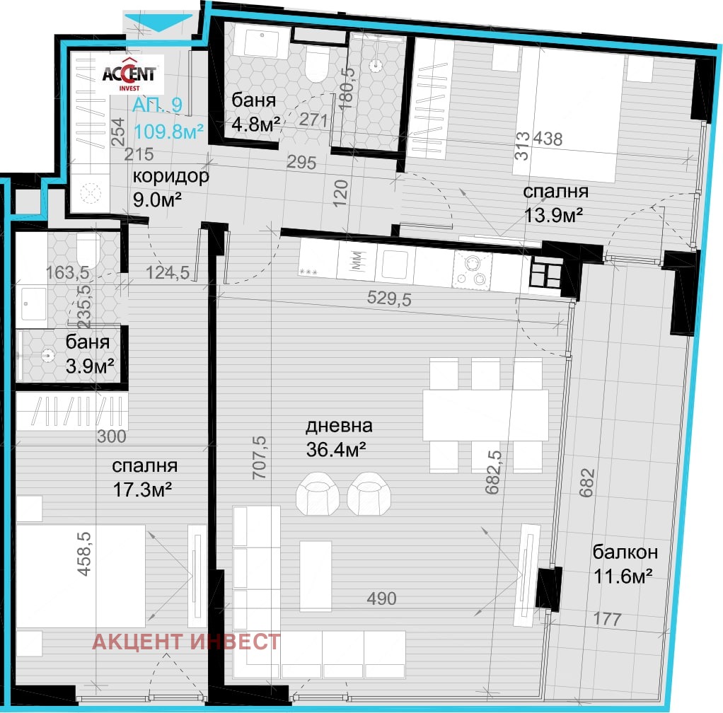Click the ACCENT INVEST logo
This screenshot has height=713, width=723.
coord(129,74)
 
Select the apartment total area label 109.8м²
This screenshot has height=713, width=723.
coord(168,132)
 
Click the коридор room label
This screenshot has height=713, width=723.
coord(170,176)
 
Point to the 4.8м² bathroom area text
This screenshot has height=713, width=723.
coord(256,124)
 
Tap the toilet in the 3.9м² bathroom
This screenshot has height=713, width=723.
coord(88,250)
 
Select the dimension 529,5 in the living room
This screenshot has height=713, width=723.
coord(389,298)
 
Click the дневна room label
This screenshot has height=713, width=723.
coord(339,426)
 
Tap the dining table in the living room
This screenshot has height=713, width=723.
coord(485,415)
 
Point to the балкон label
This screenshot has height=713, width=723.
coord(625,552)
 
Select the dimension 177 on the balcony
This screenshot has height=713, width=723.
coord(607,618)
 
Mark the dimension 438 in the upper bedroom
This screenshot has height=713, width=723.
coord(548,139)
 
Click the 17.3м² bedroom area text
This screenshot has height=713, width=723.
coord(142,489)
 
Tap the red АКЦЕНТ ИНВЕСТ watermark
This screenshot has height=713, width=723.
coord(186,641)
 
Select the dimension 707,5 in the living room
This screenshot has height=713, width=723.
coord(260,458)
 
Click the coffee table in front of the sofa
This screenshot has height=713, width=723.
coord(316,576)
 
